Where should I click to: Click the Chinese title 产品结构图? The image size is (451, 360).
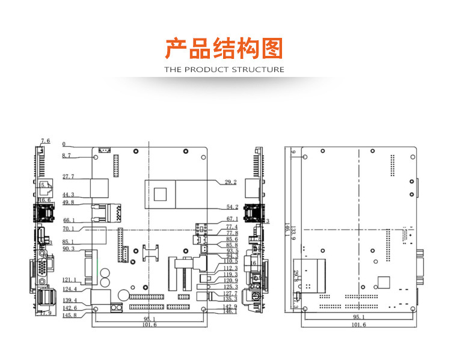pos(224,48)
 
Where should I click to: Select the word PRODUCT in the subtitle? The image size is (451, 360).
pos(206,70)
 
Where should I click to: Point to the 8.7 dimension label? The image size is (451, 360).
pos(67,156)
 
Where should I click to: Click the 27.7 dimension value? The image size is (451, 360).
pos(68,177)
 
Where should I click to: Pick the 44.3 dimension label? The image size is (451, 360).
pos(68,195)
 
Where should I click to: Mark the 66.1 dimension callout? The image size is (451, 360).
pos(68,221)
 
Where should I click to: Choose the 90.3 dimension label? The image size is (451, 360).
pos(68,249)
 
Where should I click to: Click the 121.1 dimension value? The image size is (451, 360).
pos(70,280)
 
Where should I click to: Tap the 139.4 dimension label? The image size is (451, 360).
pos(70,301)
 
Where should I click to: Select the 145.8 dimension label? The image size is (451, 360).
pos(70,316)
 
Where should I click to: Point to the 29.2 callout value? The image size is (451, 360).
pos(231,182)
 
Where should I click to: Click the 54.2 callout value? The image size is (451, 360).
pos(231,207)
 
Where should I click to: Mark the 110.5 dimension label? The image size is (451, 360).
pos(231,261)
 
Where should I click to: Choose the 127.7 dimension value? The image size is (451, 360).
pos(231,294)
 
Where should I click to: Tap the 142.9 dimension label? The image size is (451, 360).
pos(231,307)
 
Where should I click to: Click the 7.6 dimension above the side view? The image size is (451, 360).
pos(45,141)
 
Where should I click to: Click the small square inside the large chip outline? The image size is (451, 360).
pos(161,194)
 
